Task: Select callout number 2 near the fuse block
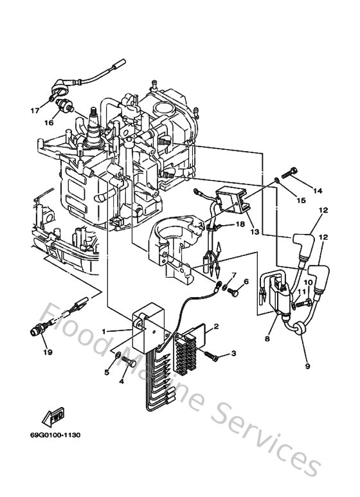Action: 216,327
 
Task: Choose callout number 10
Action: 308,282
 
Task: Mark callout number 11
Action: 300,293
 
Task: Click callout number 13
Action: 255,231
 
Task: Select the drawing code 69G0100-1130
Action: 60,435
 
